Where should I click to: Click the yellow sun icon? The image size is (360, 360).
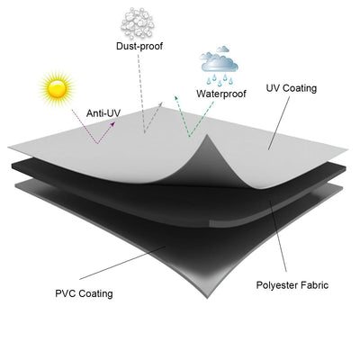57,88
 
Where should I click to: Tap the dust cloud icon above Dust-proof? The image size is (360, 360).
138,23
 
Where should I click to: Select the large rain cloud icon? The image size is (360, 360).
220,62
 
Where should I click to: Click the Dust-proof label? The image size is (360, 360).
139,46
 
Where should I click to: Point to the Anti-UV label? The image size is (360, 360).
103,113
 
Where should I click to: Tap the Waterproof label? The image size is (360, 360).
221,94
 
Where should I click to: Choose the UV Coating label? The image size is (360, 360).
292,88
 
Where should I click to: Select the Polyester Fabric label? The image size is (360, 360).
292,285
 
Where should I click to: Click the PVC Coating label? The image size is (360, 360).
84,293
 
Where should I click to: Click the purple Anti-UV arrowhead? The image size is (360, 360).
112,123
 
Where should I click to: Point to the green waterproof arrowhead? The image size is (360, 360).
176,98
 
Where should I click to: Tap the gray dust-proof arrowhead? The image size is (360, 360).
160,103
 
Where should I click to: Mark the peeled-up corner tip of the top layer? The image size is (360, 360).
207,136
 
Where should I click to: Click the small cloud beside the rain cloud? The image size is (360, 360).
223,49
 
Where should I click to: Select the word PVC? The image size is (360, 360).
64,293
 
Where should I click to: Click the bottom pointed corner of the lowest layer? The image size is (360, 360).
207,297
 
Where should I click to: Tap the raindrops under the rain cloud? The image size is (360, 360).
220,79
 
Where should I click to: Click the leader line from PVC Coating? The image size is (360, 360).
122,263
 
